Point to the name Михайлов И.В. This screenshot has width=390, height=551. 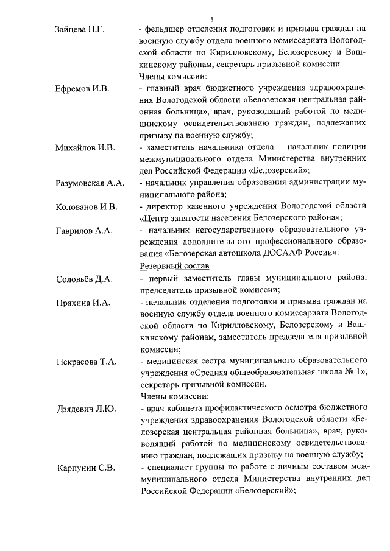84,147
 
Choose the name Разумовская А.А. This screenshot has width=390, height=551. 90,183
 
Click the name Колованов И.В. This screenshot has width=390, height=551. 86,206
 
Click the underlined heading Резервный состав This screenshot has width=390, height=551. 174,266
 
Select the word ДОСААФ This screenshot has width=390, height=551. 275,253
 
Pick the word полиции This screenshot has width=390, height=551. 352,147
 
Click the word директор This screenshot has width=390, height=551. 164,206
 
